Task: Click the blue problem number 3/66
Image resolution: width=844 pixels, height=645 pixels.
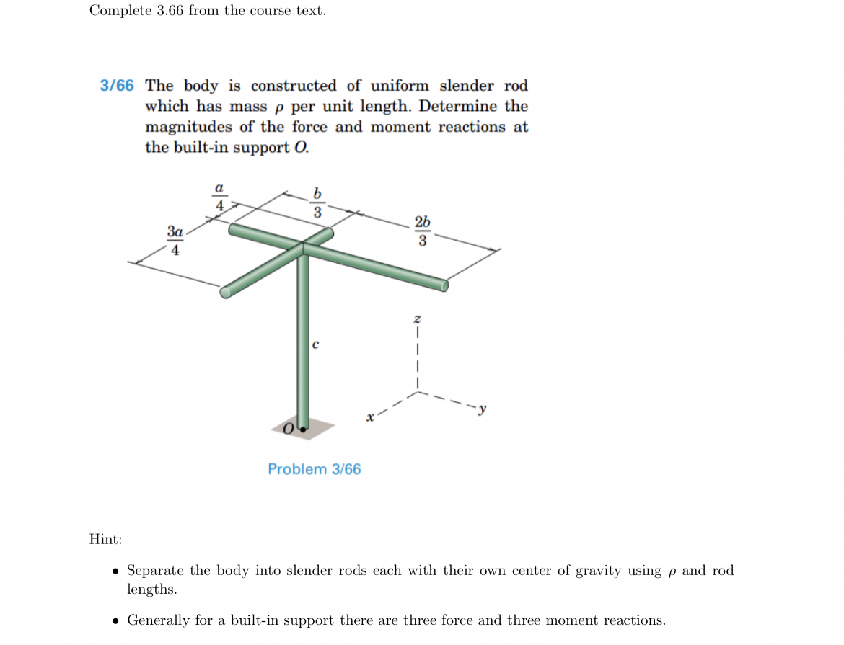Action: pos(117,86)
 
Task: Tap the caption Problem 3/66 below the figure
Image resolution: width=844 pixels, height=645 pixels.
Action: pos(314,469)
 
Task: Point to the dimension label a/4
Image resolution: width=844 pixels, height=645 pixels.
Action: pos(219,196)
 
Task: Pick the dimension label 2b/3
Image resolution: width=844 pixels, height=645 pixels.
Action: pos(423,231)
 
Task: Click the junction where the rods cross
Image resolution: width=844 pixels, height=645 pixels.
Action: pos(303,246)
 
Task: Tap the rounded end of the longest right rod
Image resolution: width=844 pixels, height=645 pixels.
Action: pos(444,286)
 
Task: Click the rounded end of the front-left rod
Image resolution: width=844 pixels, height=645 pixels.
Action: pos(225,292)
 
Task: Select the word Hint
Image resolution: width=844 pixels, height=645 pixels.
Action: pos(105,539)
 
